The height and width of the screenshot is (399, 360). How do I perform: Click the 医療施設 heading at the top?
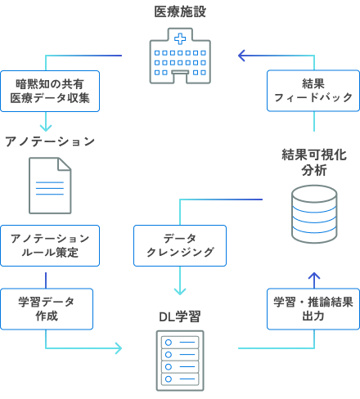pyautogui.click(x=179, y=12)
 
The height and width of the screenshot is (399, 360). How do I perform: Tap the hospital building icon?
pyautogui.click(x=179, y=56)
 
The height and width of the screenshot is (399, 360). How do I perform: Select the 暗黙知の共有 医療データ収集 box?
pyautogui.click(x=50, y=91)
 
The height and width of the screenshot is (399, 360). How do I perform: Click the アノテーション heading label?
pyautogui.click(x=50, y=141)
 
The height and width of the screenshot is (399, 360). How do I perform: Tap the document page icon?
pyautogui.click(x=50, y=186)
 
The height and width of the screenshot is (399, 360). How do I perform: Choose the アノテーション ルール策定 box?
pyautogui.click(x=50, y=245)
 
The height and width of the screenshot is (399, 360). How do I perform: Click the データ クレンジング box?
pyautogui.click(x=180, y=245)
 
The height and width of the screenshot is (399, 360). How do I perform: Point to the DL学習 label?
pyautogui.click(x=180, y=316)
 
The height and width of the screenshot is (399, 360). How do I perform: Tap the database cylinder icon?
pyautogui.click(x=314, y=213)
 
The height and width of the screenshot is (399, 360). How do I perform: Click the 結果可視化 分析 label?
pyautogui.click(x=314, y=162)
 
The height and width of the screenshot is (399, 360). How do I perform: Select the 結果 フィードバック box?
pyautogui.click(x=313, y=91)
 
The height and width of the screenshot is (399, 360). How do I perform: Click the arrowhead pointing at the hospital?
pyautogui.click(x=242, y=56)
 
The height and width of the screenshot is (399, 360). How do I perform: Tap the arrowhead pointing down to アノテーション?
pyautogui.click(x=46, y=127)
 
